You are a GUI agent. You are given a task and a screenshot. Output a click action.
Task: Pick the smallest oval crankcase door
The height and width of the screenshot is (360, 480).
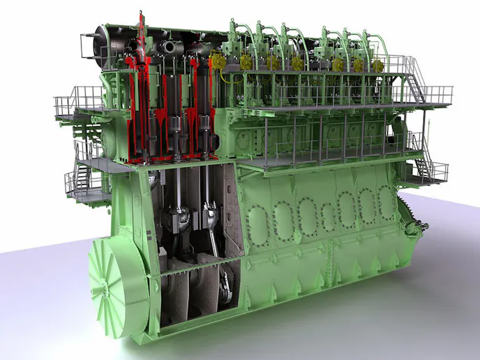(x=327, y=216)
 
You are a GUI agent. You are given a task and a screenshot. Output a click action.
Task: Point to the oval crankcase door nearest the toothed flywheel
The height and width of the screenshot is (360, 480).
(x=386, y=202)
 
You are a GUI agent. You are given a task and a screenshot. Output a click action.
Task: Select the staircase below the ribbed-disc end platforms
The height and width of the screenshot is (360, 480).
(x=78, y=179)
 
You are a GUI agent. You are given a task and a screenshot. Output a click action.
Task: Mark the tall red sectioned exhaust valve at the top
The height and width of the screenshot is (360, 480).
(x=142, y=42)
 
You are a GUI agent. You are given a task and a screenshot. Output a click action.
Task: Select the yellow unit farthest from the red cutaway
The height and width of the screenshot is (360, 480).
(x=377, y=66)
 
